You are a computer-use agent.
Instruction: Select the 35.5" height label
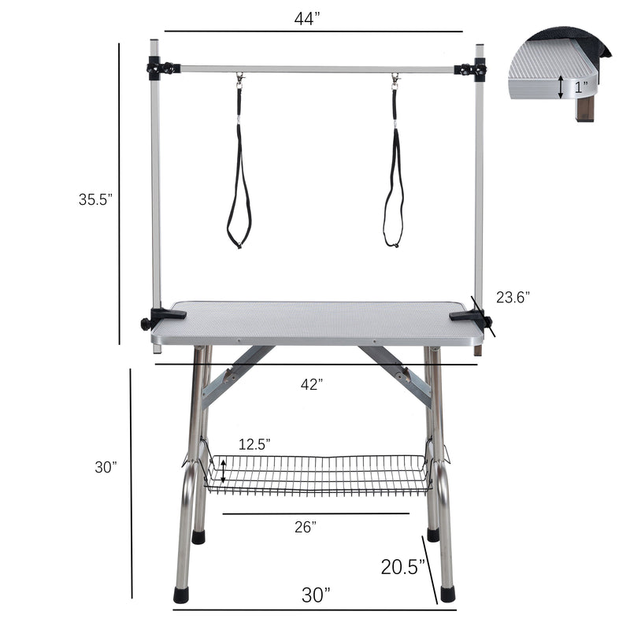pyautogui.click(x=95, y=199)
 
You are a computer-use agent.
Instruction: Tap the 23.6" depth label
pyautogui.click(x=513, y=297)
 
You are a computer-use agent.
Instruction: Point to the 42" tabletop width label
pyautogui.click(x=312, y=384)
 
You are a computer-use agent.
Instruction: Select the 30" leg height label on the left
pyautogui.click(x=106, y=467)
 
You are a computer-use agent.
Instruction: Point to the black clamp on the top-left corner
pyautogui.click(x=161, y=69)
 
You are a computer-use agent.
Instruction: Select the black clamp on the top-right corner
pyautogui.click(x=471, y=70)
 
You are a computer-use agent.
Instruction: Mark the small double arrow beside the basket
pyautogui.click(x=224, y=471)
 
